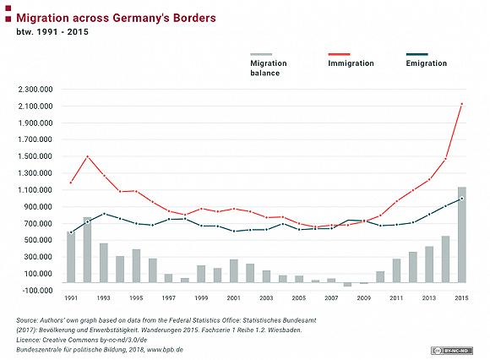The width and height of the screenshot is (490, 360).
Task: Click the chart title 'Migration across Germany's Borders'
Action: point(116,18)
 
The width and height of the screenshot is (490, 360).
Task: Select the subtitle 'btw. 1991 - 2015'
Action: point(52,32)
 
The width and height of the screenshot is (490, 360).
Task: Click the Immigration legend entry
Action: point(351,60)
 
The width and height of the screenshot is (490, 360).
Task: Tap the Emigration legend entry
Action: point(427,60)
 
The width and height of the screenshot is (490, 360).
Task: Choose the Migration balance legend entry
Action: point(269,65)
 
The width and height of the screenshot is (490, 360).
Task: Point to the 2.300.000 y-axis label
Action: point(35,90)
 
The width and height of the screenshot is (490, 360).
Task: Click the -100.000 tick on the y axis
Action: point(36,291)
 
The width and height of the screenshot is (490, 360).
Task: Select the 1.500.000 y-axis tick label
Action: point(35,156)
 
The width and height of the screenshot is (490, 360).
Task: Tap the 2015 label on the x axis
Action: point(461,298)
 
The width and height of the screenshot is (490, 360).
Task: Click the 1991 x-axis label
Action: point(71,298)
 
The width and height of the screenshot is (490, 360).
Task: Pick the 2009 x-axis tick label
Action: point(364,298)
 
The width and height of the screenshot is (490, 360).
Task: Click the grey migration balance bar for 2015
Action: point(462,235)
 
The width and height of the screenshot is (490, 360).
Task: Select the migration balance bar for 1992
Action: point(87,249)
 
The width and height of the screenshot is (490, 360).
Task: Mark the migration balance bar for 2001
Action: point(234,271)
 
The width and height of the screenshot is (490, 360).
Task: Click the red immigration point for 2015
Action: point(462,104)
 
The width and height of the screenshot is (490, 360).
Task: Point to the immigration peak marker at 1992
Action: point(87,156)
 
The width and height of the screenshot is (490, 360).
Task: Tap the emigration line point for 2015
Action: point(462,199)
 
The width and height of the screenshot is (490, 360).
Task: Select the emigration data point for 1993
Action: point(104,214)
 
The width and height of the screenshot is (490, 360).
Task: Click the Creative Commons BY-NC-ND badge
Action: point(452,351)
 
